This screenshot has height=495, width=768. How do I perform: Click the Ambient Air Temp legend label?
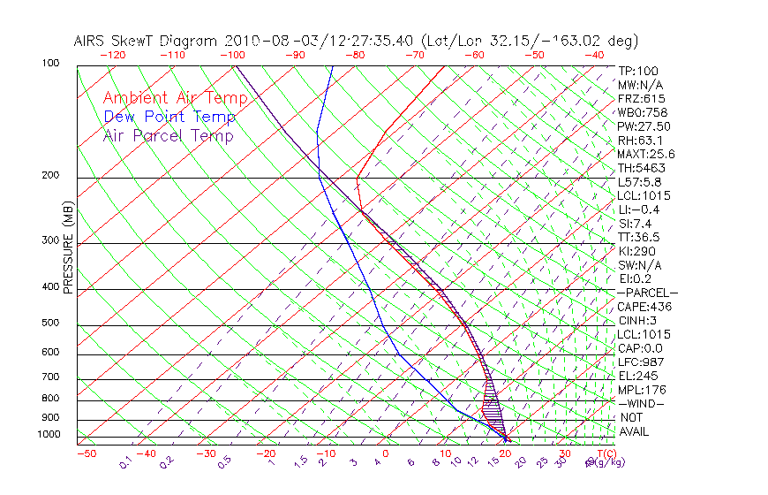[175, 98]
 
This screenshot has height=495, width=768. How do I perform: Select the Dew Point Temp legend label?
[169, 117]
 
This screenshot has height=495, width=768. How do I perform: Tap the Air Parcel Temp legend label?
[169, 135]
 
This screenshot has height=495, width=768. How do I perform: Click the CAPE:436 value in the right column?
[644, 307]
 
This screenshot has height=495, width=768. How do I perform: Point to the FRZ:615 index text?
[642, 98]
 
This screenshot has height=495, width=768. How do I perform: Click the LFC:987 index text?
[642, 362]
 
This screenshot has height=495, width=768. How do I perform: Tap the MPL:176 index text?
[642, 390]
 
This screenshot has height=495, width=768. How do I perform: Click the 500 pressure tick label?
[50, 323]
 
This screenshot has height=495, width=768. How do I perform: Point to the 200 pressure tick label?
[50, 175]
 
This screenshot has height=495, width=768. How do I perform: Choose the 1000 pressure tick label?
[48, 435]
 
